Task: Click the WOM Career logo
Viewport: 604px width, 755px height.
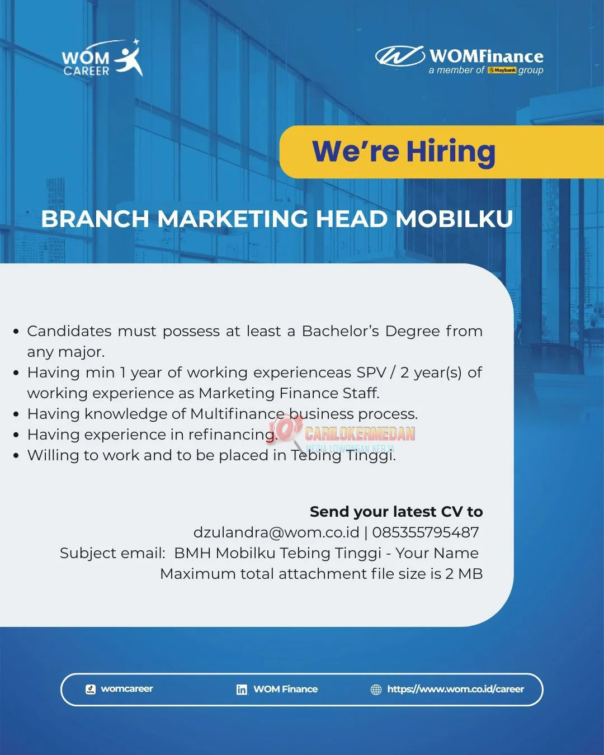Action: (102, 58)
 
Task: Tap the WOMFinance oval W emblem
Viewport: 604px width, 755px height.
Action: (399, 56)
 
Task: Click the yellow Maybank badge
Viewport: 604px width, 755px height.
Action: (502, 70)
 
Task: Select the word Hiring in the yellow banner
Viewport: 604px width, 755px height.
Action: (451, 152)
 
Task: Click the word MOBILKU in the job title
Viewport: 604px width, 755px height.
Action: (454, 219)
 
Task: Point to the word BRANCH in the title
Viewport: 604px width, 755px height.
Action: (95, 219)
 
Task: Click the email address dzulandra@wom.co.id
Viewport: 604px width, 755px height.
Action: (276, 532)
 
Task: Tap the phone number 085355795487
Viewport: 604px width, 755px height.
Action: (426, 532)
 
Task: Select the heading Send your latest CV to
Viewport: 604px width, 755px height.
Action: (396, 512)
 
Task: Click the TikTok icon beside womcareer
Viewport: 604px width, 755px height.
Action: (91, 690)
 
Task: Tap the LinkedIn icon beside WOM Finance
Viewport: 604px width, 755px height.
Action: (242, 690)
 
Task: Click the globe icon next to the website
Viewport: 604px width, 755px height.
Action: (376, 690)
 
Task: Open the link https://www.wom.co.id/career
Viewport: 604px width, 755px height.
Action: (456, 690)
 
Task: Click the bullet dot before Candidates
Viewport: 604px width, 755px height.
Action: (16, 332)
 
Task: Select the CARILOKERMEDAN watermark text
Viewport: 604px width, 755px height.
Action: (360, 434)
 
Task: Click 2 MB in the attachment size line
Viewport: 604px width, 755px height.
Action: (464, 574)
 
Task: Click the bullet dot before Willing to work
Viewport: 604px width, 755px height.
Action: (16, 456)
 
